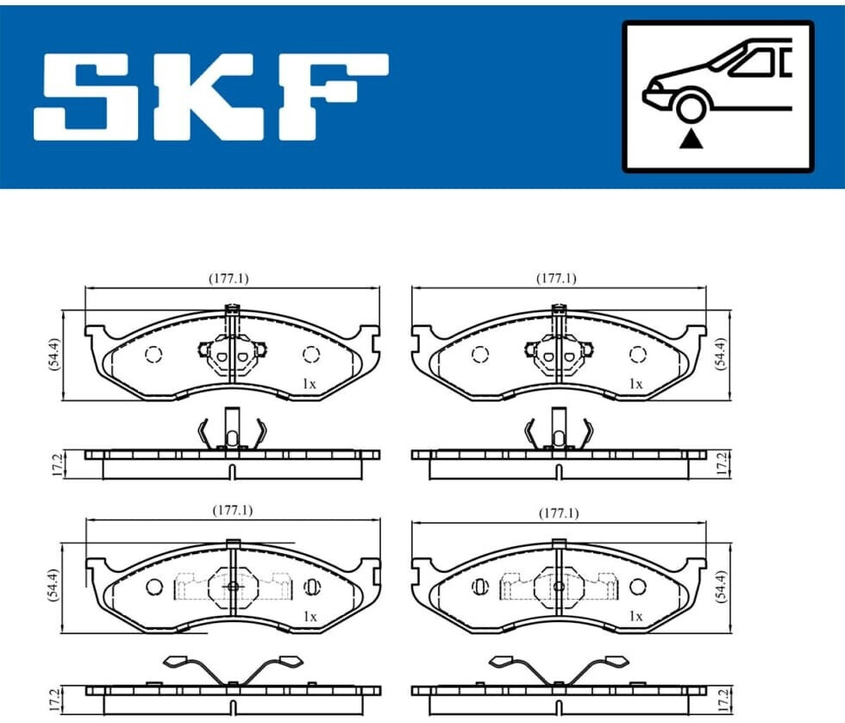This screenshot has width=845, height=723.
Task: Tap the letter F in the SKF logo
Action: click(x=335, y=97)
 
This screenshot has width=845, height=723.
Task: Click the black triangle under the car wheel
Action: click(x=691, y=141)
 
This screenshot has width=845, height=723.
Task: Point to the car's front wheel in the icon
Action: click(x=691, y=107)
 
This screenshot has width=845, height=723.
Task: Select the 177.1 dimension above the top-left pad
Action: click(x=228, y=278)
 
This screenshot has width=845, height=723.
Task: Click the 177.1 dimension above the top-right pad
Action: click(x=555, y=278)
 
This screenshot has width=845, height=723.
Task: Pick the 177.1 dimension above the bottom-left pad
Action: click(x=232, y=510)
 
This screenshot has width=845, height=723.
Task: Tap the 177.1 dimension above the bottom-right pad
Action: click(x=559, y=513)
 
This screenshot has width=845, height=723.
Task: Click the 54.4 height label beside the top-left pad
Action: click(x=54, y=355)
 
